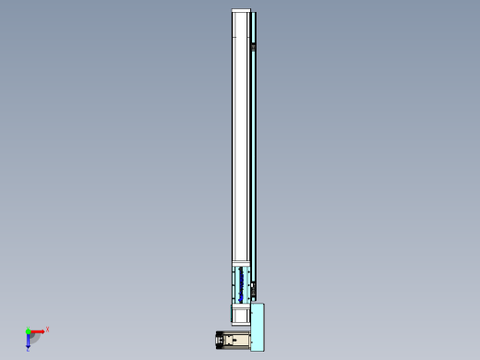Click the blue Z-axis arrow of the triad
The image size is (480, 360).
(29, 341)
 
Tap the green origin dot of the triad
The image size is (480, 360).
(29, 331)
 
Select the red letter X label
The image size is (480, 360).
(47, 329)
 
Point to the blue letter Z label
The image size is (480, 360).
(28, 350)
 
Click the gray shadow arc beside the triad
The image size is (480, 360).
(36, 339)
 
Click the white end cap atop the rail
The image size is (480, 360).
(241, 11)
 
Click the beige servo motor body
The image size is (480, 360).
(237, 341)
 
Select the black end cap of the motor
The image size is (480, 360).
(219, 341)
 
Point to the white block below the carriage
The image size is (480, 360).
(239, 314)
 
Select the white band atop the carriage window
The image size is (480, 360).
(240, 265)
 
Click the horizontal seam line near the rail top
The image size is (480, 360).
(240, 37)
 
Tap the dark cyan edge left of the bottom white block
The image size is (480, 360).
(231, 314)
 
